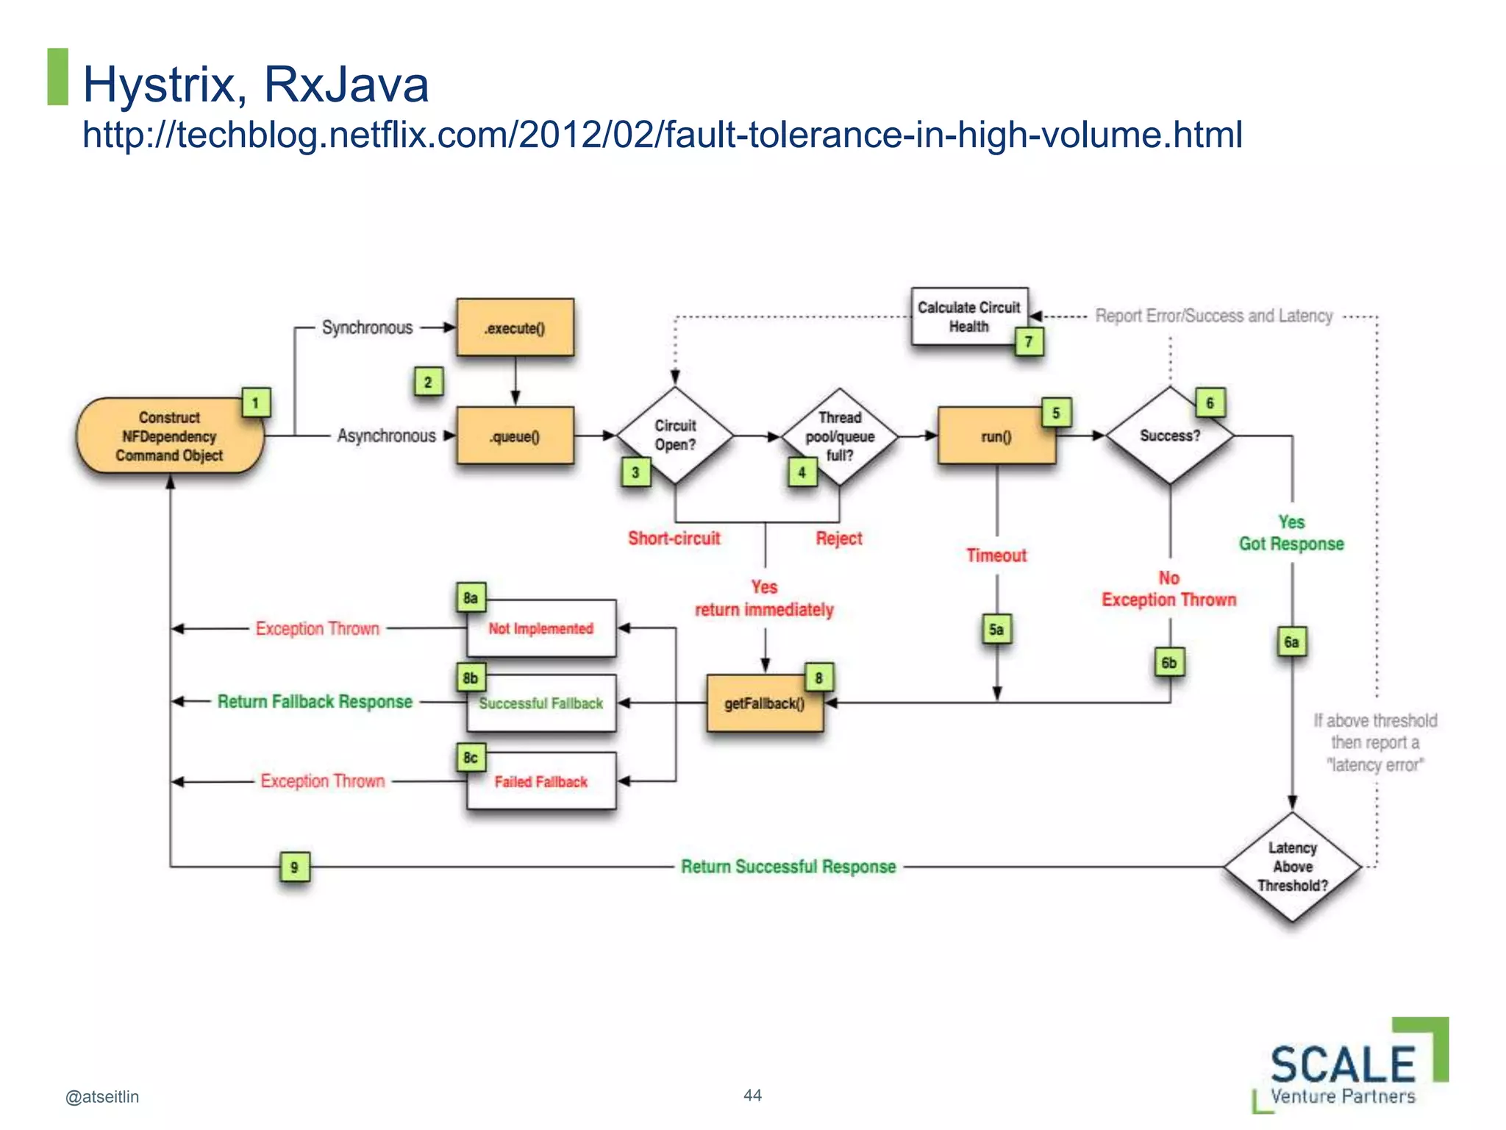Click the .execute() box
click(x=515, y=327)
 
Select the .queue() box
click(x=515, y=436)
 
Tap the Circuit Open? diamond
click(x=675, y=436)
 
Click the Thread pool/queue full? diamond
click(x=840, y=436)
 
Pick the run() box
click(x=996, y=436)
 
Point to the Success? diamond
click(x=1170, y=436)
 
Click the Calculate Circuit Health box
click(x=968, y=316)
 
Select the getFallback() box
click(x=765, y=703)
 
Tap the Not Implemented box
click(x=541, y=628)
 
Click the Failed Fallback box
click(x=541, y=781)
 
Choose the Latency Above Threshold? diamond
click(x=1293, y=867)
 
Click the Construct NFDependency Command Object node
click(x=170, y=436)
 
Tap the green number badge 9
click(x=294, y=867)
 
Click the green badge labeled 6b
click(x=1168, y=662)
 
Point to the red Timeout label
click(x=996, y=555)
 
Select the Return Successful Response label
click(x=788, y=867)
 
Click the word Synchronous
click(x=367, y=327)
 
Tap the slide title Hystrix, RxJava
click(x=256, y=84)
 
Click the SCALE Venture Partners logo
click(x=1349, y=1067)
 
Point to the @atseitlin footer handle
click(x=102, y=1097)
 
